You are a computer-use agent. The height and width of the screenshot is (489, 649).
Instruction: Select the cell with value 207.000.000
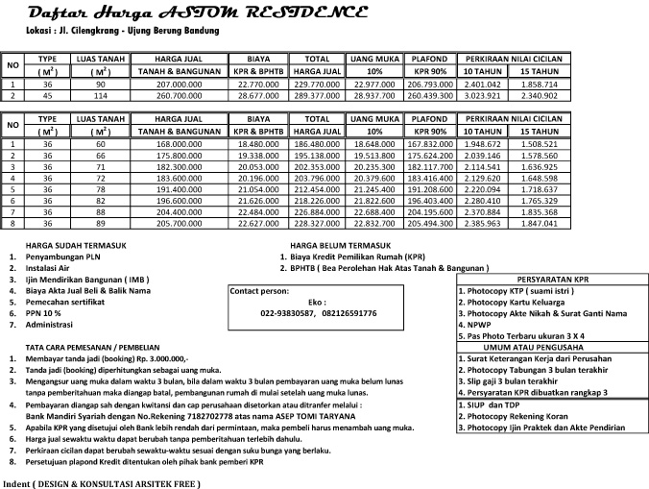tap(181, 84)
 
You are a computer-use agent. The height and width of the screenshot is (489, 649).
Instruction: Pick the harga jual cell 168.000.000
tap(181, 143)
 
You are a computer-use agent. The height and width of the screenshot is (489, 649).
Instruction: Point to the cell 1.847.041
tap(539, 223)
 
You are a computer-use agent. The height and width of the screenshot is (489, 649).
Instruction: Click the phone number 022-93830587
tap(287, 313)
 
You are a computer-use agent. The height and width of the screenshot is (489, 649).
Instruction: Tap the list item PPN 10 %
tap(45, 313)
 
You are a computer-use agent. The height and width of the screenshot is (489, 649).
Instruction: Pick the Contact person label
tap(260, 289)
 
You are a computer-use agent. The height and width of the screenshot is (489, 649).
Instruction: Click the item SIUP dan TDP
tap(487, 403)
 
